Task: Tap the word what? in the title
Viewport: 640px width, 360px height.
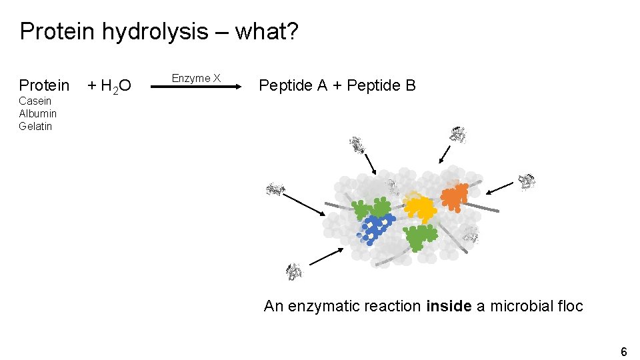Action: point(267,31)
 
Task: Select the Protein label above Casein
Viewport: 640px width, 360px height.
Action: point(44,85)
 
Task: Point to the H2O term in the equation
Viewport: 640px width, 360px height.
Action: point(115,86)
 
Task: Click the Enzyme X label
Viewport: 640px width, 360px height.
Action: point(196,78)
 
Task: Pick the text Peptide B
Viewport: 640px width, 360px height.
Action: point(382,85)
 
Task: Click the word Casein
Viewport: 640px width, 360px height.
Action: point(35,101)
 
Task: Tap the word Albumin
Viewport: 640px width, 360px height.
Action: point(37,113)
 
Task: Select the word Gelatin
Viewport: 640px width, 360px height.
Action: point(35,126)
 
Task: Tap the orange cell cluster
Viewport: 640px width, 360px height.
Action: point(455,197)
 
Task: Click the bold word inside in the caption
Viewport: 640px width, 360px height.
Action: point(449,307)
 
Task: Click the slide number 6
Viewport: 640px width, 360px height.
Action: point(623,351)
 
